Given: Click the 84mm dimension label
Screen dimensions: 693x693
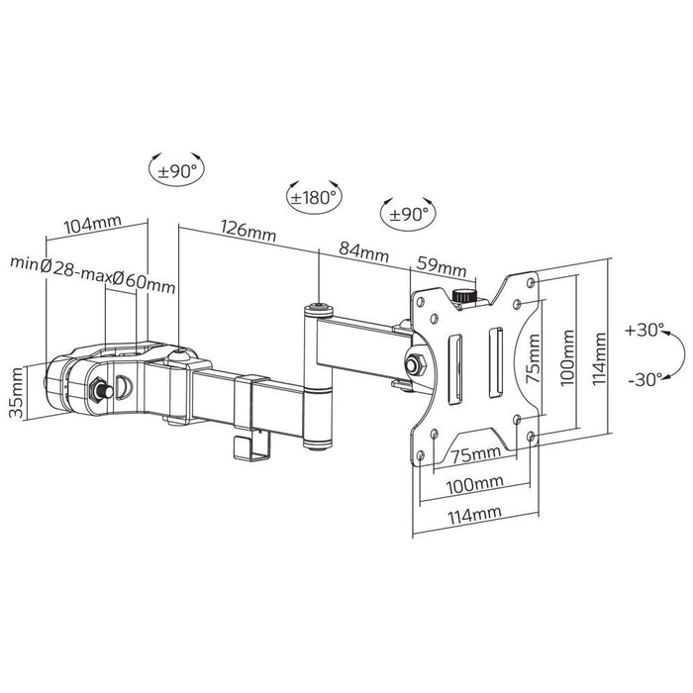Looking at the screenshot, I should coord(363,253).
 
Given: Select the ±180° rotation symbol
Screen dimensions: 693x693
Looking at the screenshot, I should coord(312,195).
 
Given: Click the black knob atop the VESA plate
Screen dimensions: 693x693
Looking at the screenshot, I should coord(462,296).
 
